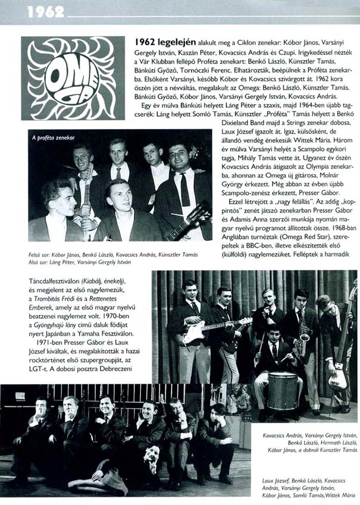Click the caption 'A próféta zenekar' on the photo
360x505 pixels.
pyautogui.click(x=54, y=137)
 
